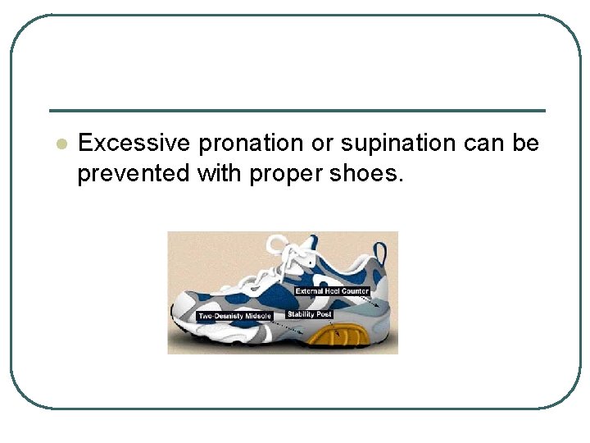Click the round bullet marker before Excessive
click(x=60, y=144)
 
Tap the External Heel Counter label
click(x=332, y=291)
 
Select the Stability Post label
click(x=308, y=314)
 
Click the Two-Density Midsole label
click(x=234, y=316)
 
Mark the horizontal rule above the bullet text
click(x=297, y=111)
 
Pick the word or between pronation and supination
click(x=322, y=144)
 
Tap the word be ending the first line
click(x=526, y=144)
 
